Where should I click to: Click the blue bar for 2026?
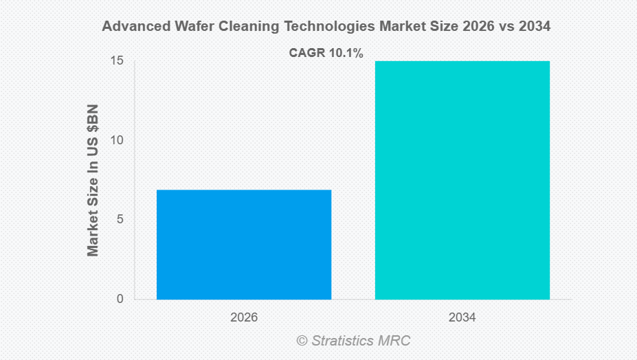coord(244,244)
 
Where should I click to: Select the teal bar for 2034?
coord(462,180)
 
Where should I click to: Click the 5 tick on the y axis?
coord(120,220)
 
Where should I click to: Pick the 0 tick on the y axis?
coord(120,299)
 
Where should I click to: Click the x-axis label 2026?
coord(244,318)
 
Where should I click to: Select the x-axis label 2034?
coord(462,318)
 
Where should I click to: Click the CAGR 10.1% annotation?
coord(326,52)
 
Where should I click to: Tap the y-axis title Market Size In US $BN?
coord(93,180)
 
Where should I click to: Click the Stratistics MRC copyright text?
coord(353,340)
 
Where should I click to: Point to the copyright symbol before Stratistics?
coord(302,341)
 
